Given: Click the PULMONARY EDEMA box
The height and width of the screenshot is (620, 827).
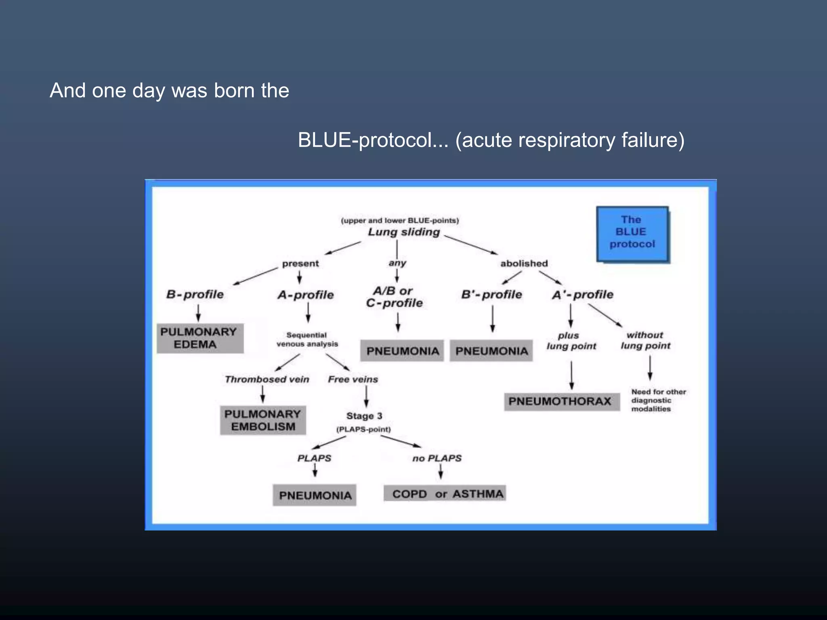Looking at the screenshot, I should [x=200, y=338].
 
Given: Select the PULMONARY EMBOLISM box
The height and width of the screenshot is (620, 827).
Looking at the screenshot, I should [x=262, y=420].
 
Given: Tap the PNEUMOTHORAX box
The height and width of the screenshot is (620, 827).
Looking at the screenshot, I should [x=561, y=402].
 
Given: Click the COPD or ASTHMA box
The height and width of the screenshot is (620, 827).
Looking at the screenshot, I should [x=444, y=494].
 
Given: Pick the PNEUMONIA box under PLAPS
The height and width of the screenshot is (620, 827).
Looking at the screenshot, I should [x=315, y=495].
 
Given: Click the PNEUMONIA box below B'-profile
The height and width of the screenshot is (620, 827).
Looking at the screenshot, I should [x=491, y=351].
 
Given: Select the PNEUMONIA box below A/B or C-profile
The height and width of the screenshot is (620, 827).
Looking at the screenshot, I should [x=402, y=351].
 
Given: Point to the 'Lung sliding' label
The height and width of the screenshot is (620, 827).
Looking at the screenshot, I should [x=404, y=232].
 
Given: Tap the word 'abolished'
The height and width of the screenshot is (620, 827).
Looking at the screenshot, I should [x=524, y=264].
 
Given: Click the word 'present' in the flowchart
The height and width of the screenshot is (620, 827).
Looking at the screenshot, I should [x=300, y=264].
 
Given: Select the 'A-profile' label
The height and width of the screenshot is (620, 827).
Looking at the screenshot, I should [x=306, y=295].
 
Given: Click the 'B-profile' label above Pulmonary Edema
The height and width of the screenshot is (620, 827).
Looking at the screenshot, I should [x=195, y=295].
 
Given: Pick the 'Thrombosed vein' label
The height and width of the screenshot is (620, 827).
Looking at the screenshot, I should [x=267, y=379].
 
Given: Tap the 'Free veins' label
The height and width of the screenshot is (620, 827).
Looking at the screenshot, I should [x=353, y=379].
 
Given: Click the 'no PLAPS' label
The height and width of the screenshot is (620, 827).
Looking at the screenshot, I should [x=437, y=459].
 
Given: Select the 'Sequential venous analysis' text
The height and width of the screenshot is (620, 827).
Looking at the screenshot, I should [x=307, y=339].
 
